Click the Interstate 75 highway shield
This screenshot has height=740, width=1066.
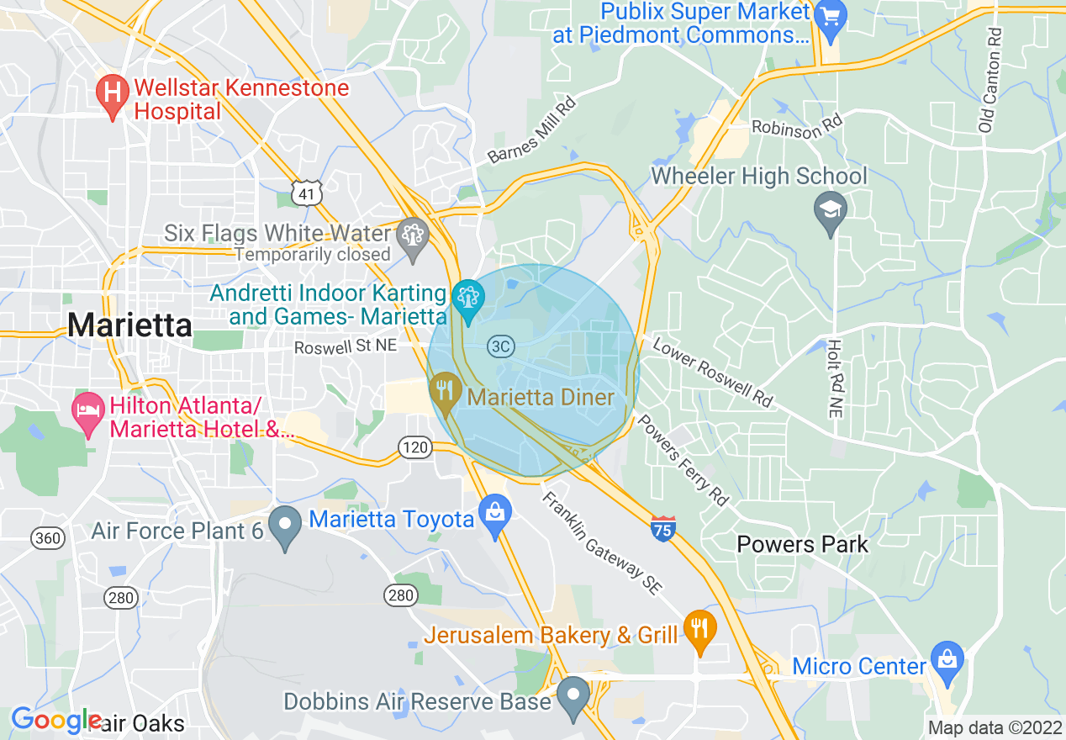[x=663, y=530]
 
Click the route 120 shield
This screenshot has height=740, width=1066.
[x=416, y=447]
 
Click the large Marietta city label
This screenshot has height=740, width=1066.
[x=130, y=325]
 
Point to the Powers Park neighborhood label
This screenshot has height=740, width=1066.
[x=802, y=544]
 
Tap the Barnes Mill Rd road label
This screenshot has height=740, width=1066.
[x=533, y=129]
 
